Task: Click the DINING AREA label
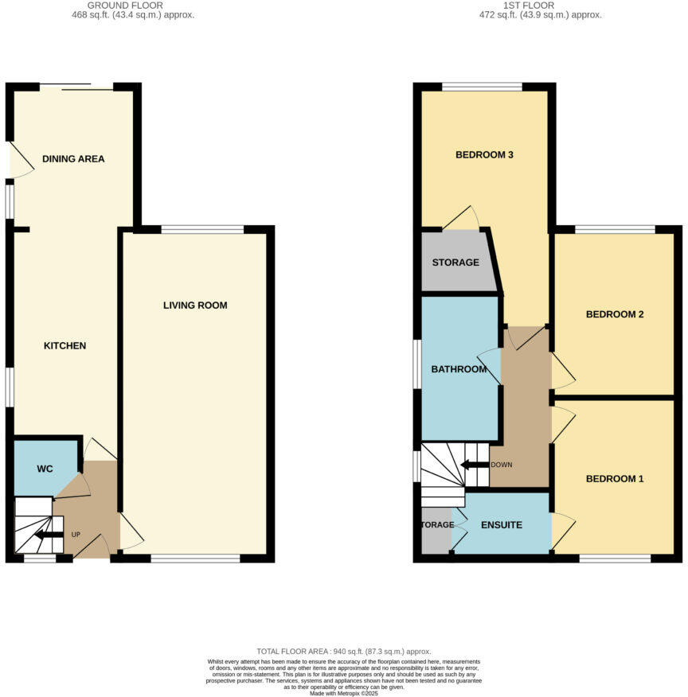click(73, 159)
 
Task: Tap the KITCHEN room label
click(64, 346)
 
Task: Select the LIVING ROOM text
click(195, 306)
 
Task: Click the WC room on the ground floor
click(45, 469)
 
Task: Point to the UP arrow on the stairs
click(49, 535)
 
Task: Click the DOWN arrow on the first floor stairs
click(475, 465)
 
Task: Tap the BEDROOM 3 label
click(483, 155)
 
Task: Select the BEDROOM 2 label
click(614, 314)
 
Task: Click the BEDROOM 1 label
click(614, 479)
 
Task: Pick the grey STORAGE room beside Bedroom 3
click(455, 263)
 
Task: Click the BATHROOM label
click(459, 369)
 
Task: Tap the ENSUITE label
click(502, 525)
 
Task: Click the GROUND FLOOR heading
click(131, 6)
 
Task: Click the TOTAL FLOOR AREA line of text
click(343, 652)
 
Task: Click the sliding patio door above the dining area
click(76, 87)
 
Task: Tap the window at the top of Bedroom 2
click(615, 230)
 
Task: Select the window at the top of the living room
click(202, 230)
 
